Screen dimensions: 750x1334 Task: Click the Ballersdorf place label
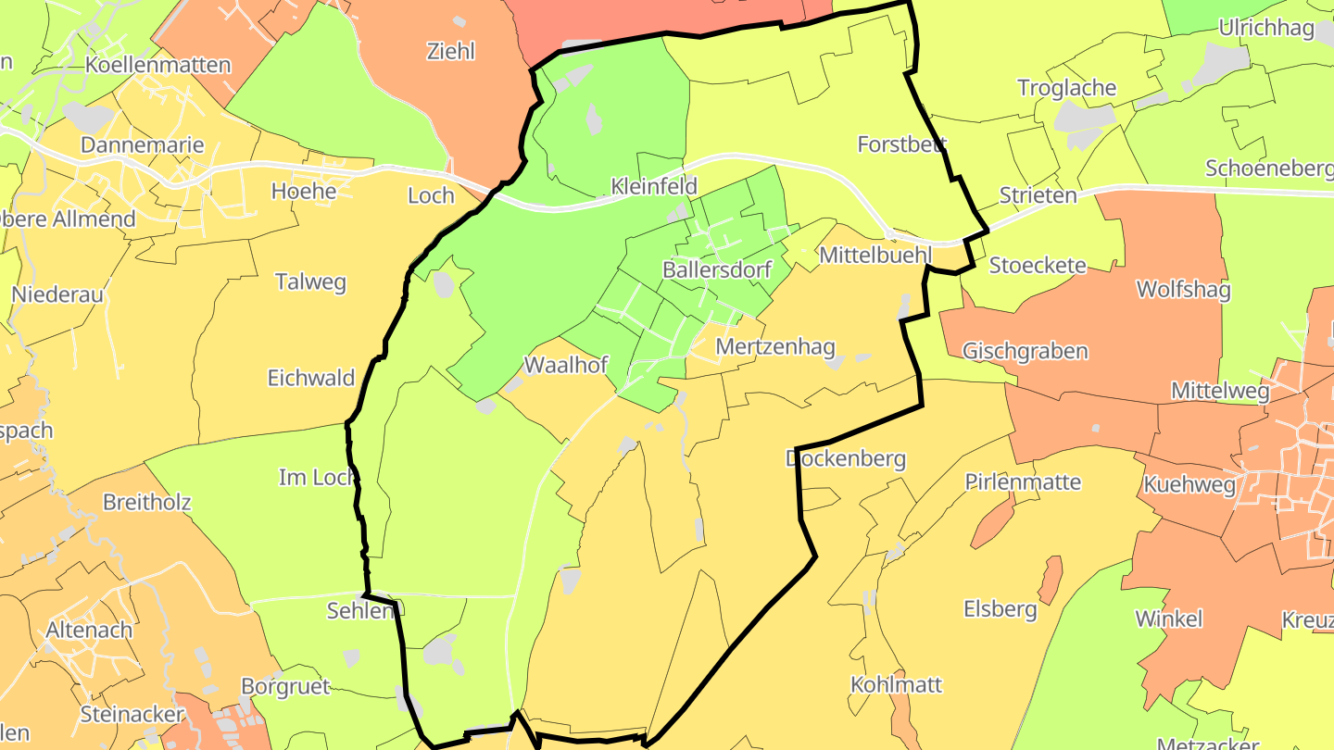coord(717,270)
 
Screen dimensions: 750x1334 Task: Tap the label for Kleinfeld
coord(654,186)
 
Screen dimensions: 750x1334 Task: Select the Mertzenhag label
coord(775,347)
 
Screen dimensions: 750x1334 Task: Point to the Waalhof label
coord(566,365)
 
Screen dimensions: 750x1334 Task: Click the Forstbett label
coord(901,144)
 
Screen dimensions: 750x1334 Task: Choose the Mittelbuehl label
coord(874,255)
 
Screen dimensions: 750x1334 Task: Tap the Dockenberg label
coord(845,458)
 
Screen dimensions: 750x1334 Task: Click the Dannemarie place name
coord(142,145)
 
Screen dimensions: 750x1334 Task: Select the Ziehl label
coord(451,51)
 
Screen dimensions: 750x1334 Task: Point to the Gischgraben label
coord(1025,352)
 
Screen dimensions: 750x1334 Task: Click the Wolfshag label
coord(1183,291)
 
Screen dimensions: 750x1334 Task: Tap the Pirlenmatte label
coord(1023,482)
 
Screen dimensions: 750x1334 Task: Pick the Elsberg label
coord(1000,609)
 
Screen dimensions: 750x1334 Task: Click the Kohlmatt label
coord(896,685)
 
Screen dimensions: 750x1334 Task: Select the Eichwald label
coord(311,378)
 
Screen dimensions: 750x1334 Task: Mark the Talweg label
coord(310,282)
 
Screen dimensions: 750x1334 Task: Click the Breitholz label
coord(147,503)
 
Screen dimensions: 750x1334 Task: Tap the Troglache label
coord(1066,88)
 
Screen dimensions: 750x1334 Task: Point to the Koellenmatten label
coord(157,65)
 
